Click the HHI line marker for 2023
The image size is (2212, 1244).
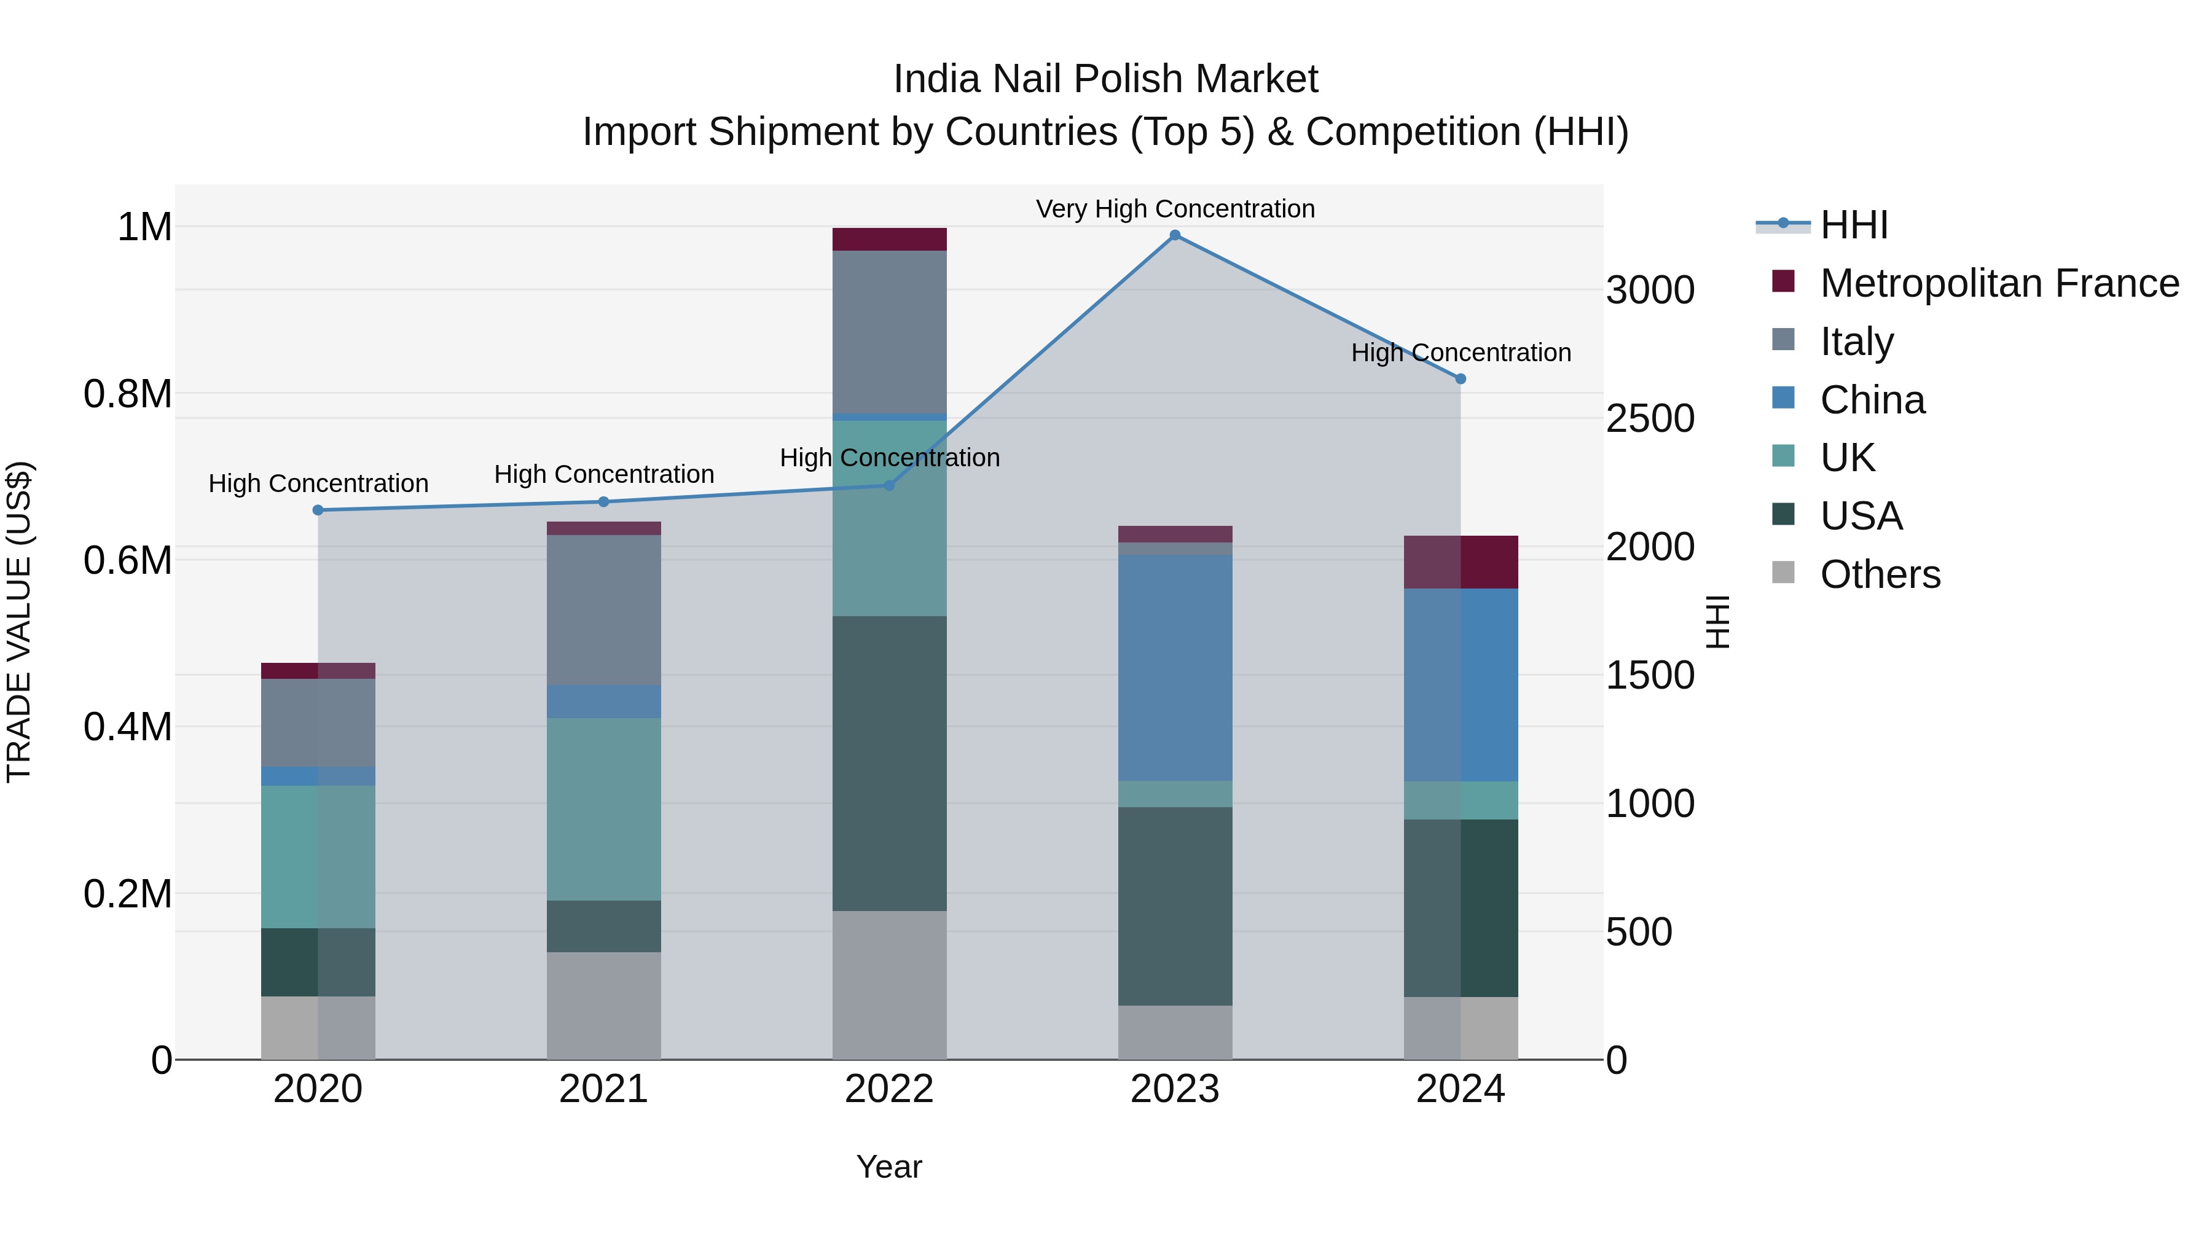click(x=1175, y=235)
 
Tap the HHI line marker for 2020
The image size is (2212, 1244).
click(x=318, y=510)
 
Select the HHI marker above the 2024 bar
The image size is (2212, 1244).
click(x=1461, y=378)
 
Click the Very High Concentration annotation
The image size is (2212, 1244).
click(x=1175, y=209)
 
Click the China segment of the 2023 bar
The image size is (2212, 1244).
click(x=1175, y=667)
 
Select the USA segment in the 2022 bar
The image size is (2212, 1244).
click(x=890, y=762)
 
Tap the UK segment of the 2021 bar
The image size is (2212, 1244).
click(x=603, y=808)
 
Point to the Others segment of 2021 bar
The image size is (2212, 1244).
click(x=603, y=1005)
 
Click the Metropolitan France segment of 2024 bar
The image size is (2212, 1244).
click(x=1461, y=561)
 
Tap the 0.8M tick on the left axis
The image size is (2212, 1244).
click(x=127, y=394)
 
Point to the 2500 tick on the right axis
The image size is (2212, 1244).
click(x=1650, y=419)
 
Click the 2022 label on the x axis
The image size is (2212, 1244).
click(x=890, y=1089)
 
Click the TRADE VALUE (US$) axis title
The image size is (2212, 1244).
click(x=19, y=622)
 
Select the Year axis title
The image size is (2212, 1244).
click(x=890, y=1167)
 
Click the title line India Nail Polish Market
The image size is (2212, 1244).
click(x=1105, y=79)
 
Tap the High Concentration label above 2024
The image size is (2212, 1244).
click(x=1461, y=353)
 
